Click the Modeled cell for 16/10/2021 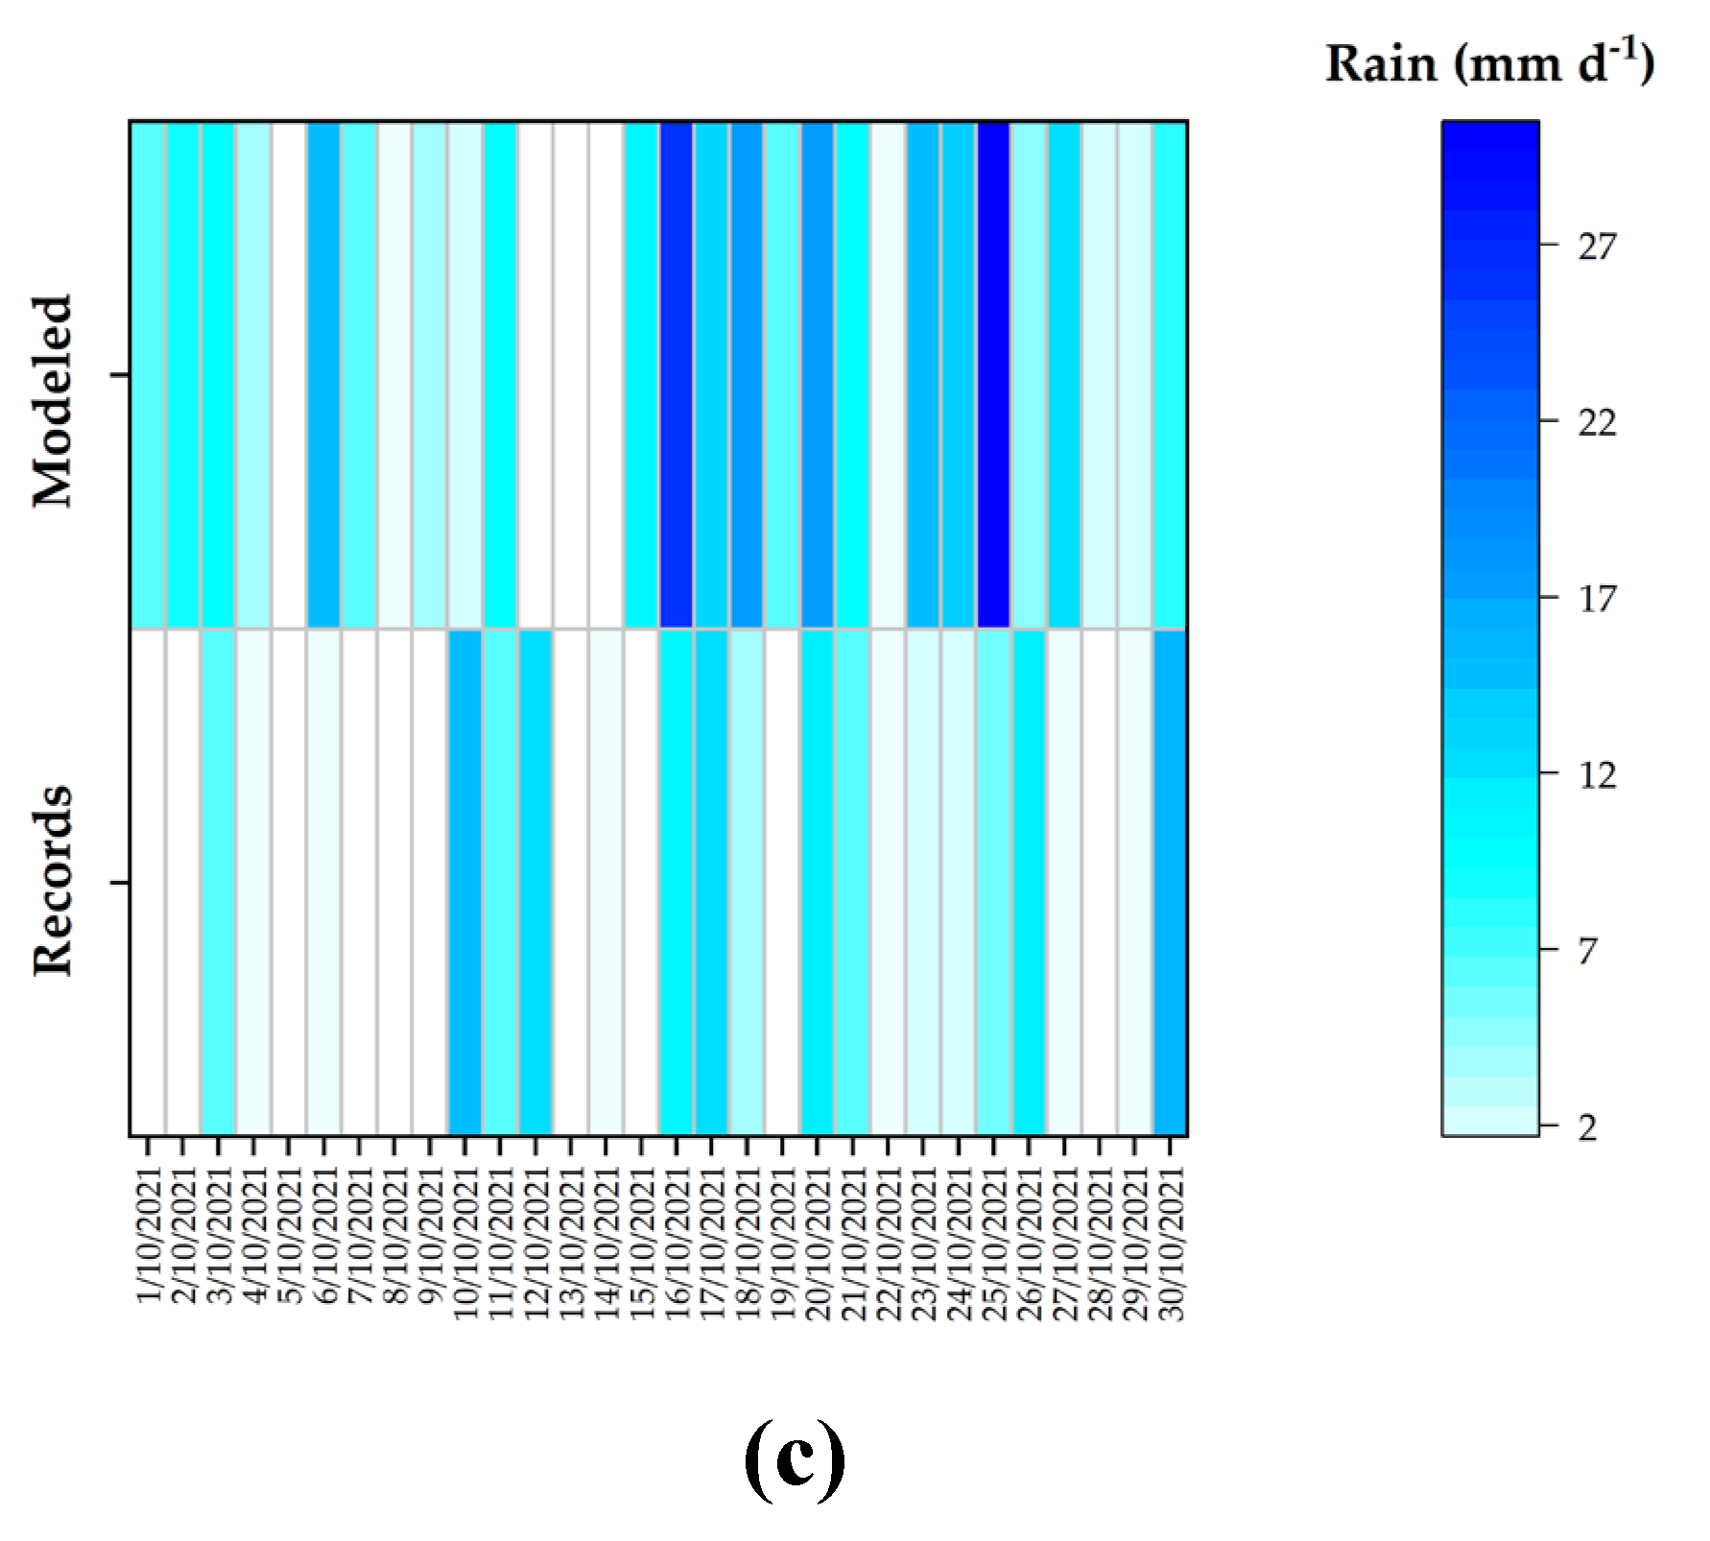coord(677,374)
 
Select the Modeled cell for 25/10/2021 coord(994,374)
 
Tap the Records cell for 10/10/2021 coord(464,882)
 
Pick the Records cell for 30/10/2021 coord(1171,882)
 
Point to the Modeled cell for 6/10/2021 coord(323,374)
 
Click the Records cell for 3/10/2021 coord(218,882)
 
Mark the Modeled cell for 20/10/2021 coord(818,374)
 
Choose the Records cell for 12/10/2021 coord(535,882)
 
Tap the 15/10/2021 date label coord(641,1243)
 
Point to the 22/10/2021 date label coord(889,1243)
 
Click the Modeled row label coord(53,401)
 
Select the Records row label coord(53,881)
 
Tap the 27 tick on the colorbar coord(1597,247)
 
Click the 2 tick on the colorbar coord(1588,1126)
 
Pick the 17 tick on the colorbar coord(1597,599)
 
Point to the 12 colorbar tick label coord(1597,775)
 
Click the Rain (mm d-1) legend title coord(1489,64)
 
